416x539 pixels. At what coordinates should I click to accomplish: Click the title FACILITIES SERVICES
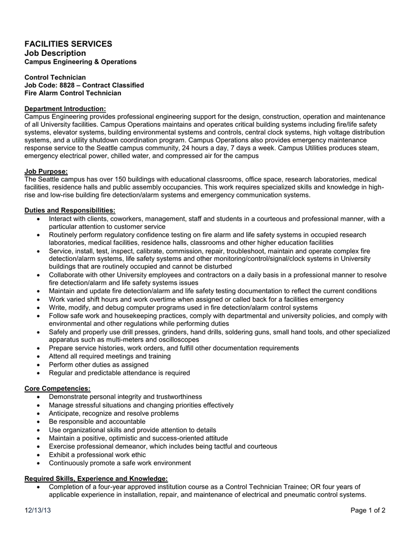(x=68, y=44)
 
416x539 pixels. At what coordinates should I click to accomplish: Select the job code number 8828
(x=67, y=85)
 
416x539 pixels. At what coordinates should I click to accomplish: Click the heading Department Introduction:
(x=65, y=108)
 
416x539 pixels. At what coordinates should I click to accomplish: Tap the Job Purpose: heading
(x=46, y=171)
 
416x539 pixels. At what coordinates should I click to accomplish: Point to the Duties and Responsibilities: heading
(x=70, y=211)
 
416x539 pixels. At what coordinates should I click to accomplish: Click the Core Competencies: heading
(x=57, y=388)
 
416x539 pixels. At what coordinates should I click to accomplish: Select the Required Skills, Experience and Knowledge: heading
(x=96, y=478)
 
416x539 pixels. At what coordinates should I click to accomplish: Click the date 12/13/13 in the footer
(x=38, y=511)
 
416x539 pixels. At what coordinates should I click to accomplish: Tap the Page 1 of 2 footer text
(x=368, y=511)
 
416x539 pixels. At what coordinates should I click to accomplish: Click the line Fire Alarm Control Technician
(x=73, y=93)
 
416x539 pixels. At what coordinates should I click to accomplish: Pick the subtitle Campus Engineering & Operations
(x=80, y=62)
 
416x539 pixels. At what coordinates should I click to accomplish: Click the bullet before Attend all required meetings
(x=40, y=356)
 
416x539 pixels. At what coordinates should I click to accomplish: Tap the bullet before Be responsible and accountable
(x=40, y=422)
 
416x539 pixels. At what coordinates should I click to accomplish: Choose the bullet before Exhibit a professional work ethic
(x=40, y=455)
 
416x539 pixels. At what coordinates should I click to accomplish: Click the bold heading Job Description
(x=55, y=53)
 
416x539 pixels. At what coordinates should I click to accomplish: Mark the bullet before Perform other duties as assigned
(x=40, y=365)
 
